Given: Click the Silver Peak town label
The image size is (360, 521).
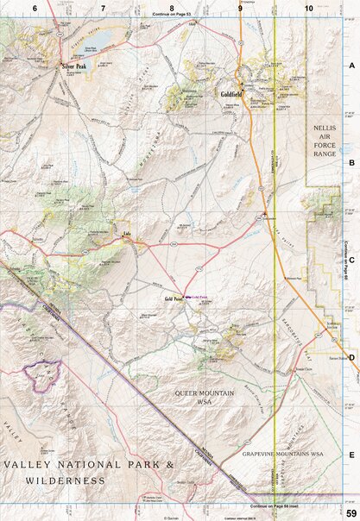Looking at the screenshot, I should coord(73,66).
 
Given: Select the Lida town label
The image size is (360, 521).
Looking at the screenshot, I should coord(127,233).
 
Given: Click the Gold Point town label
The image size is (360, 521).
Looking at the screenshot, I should coord(175,298).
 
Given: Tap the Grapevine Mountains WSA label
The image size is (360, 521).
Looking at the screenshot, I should coord(281,453).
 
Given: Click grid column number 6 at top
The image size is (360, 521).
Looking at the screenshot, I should coord(35,8).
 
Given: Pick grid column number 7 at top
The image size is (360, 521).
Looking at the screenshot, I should coord(103,8).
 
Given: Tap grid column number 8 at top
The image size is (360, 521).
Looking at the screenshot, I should coord(172,8).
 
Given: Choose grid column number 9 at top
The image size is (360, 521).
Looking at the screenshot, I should coord(240,8).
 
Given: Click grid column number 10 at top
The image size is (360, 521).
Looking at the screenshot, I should coord(308,8).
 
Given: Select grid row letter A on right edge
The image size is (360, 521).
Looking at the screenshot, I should coord(351,65).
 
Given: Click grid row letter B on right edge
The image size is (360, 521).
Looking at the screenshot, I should coord(351,161).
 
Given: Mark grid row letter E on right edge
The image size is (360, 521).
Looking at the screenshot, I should coord(351,453).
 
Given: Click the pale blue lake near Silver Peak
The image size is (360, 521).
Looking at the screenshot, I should coord(98,42).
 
